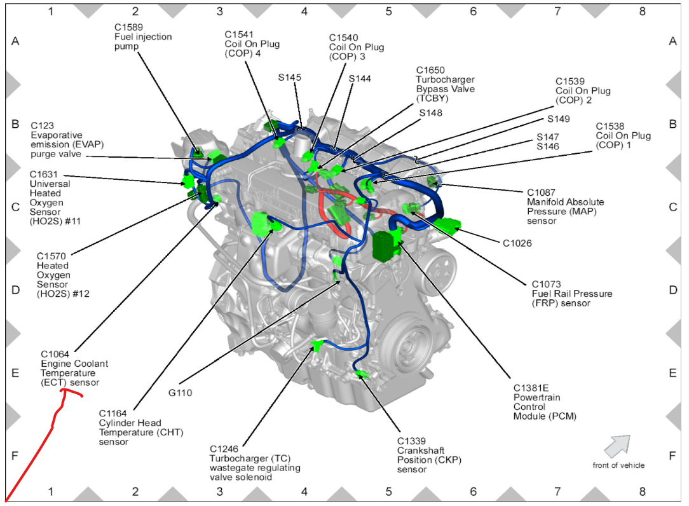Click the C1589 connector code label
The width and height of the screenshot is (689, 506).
coord(128,27)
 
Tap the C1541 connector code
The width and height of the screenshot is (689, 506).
coord(239,34)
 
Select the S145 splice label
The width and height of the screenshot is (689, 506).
coord(290,78)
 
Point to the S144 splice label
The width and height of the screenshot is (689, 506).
coord(360,79)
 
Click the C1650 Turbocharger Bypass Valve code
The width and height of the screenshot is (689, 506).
coord(431,70)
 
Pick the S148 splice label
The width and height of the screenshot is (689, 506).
coord(431,113)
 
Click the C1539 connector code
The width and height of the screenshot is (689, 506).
coord(570,81)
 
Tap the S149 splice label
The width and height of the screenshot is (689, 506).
coord(559,119)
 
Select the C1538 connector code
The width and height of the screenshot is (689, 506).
coord(610,126)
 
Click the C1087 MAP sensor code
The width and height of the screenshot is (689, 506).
coord(542,192)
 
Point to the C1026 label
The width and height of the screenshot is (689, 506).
coord(517,243)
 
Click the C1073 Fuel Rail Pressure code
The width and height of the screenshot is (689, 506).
coord(546,284)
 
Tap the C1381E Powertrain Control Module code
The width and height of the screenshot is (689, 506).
coord(530,387)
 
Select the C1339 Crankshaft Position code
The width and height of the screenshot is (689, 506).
coord(412,441)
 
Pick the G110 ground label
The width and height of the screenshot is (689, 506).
coord(180,393)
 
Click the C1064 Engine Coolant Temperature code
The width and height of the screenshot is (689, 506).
coord(55,354)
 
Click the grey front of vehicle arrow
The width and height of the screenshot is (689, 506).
coord(616,446)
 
